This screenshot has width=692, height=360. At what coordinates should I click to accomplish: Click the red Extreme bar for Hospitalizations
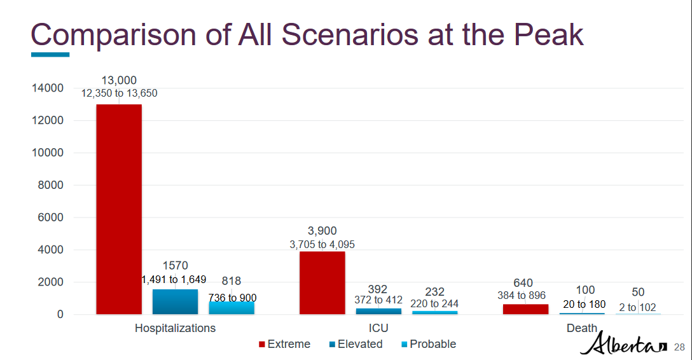pyautogui.click(x=119, y=209)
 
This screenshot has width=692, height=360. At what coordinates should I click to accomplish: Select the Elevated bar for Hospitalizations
pyautogui.click(x=175, y=301)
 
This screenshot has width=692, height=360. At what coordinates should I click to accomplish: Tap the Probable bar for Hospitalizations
pyautogui.click(x=232, y=308)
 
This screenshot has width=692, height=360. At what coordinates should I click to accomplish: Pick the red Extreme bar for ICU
pyautogui.click(x=322, y=282)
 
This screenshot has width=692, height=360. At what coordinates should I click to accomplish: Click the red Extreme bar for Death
pyautogui.click(x=525, y=309)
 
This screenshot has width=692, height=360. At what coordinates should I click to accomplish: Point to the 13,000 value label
pyautogui.click(x=119, y=80)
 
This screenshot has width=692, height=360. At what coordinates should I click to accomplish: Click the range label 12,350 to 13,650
pyautogui.click(x=119, y=93)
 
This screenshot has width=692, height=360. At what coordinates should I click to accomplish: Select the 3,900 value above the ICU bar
pyautogui.click(x=322, y=231)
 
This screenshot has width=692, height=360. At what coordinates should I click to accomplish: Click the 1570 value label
pyautogui.click(x=175, y=266)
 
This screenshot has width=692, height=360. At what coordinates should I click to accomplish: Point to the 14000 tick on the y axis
pyautogui.click(x=47, y=88)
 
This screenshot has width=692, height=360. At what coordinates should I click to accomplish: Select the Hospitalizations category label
pyautogui.click(x=175, y=328)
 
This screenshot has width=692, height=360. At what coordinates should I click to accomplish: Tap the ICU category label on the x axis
pyautogui.click(x=378, y=328)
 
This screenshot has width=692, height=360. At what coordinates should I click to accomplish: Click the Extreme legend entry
pyautogui.click(x=284, y=344)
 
